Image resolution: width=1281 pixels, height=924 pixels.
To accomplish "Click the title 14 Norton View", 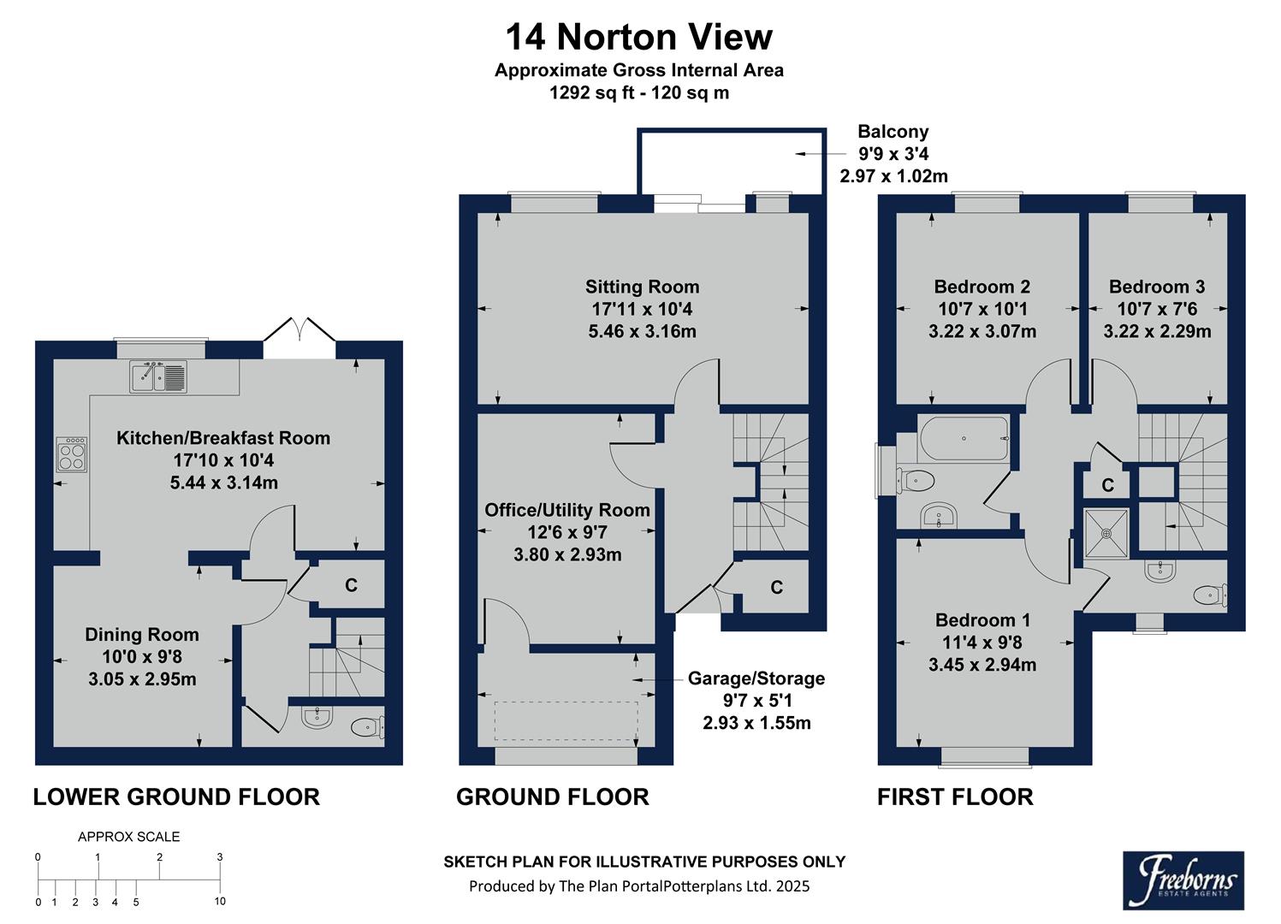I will (638, 38).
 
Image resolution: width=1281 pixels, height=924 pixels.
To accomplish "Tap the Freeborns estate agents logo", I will (1183, 880).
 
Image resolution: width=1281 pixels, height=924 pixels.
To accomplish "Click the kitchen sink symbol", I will (158, 376).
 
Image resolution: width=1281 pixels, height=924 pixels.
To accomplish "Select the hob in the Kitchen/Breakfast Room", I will (71, 454).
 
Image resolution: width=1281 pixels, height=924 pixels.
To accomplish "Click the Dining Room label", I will (142, 635).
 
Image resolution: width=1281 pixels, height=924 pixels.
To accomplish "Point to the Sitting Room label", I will (642, 287).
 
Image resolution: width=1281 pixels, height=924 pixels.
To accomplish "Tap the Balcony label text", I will (893, 132).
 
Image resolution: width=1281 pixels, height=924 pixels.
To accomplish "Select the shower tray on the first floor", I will (1106, 533).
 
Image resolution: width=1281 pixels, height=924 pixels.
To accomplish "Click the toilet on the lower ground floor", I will (366, 728).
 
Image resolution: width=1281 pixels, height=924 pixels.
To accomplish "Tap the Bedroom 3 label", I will (1156, 287).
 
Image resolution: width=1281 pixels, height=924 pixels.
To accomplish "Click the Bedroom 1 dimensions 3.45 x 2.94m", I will (982, 665).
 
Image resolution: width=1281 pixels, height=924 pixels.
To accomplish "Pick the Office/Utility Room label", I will (567, 510).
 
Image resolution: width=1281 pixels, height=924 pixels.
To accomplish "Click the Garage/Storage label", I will (756, 678).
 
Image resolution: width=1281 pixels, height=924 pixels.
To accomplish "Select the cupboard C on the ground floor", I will (776, 588).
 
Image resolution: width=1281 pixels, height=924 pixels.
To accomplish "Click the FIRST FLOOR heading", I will (955, 797).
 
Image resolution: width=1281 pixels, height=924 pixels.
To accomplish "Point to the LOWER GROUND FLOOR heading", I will (176, 797).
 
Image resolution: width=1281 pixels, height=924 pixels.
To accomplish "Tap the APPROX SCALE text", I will (129, 837).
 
